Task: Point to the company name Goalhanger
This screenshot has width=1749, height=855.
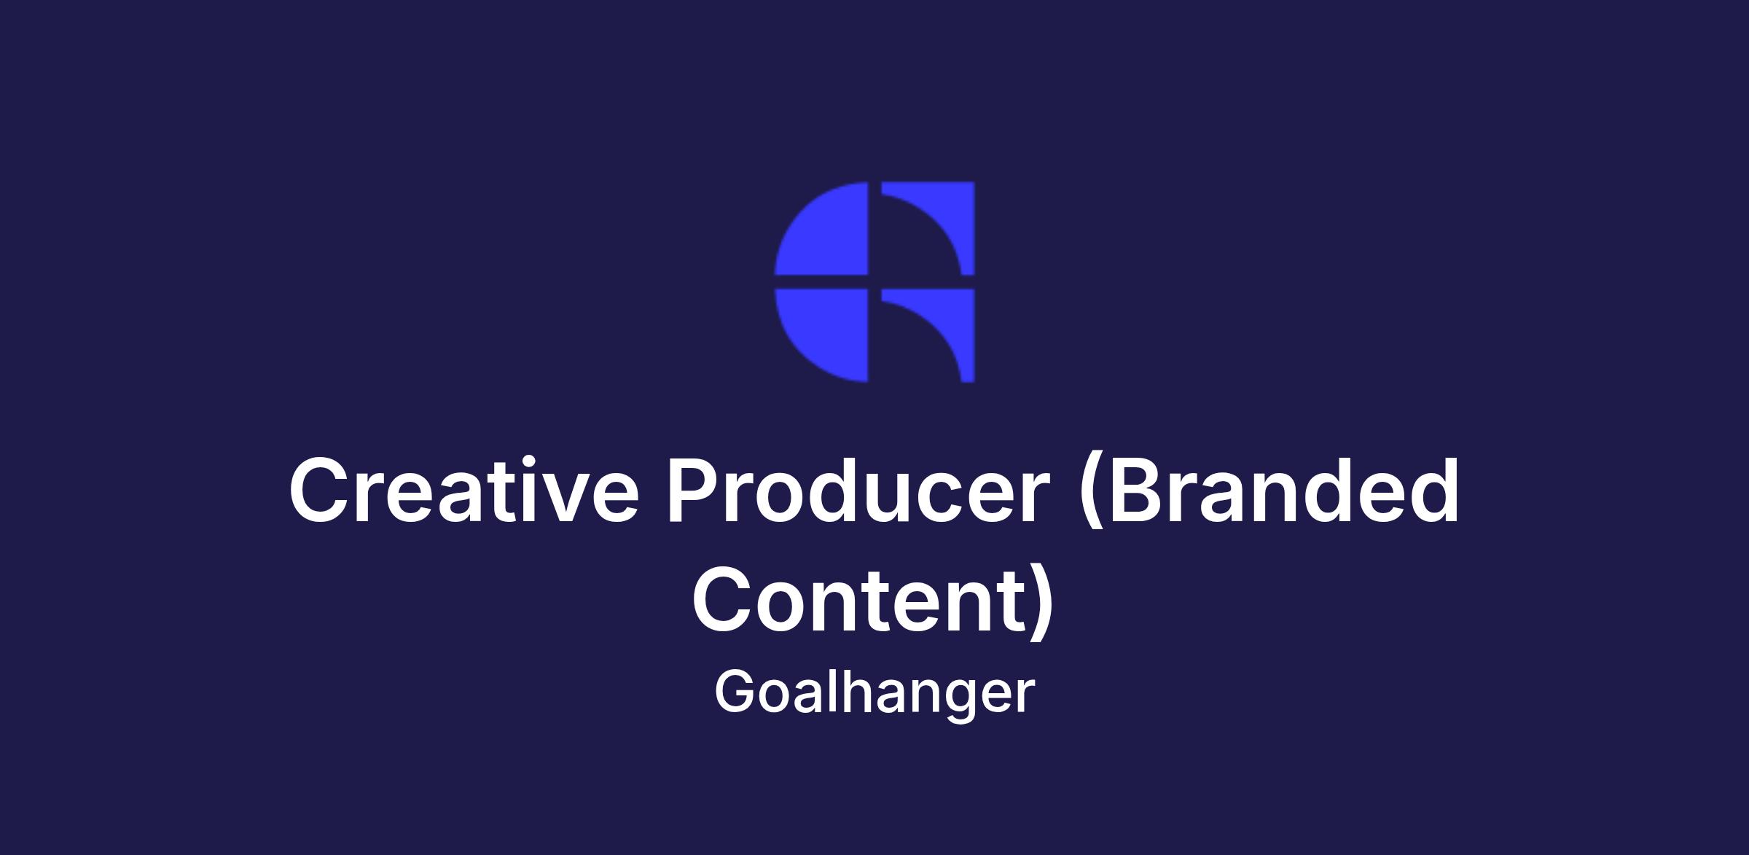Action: tap(874, 693)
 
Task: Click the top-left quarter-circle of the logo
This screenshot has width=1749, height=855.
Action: tap(821, 228)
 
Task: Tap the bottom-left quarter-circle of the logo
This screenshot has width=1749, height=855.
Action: tap(821, 335)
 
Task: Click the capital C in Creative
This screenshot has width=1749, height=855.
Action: tap(318, 490)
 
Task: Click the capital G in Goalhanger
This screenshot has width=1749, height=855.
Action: tap(737, 691)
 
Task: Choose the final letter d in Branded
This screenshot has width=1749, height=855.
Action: tap(1433, 490)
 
